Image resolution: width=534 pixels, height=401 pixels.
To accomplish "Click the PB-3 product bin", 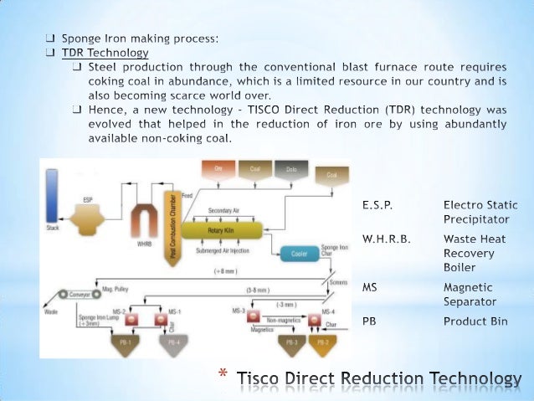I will (x=290, y=342).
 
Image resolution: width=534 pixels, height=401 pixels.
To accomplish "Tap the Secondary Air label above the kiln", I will (x=226, y=210).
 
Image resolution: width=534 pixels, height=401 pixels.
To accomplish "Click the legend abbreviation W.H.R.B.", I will (x=386, y=239).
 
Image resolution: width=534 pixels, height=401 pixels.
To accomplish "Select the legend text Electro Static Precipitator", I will (x=480, y=212).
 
